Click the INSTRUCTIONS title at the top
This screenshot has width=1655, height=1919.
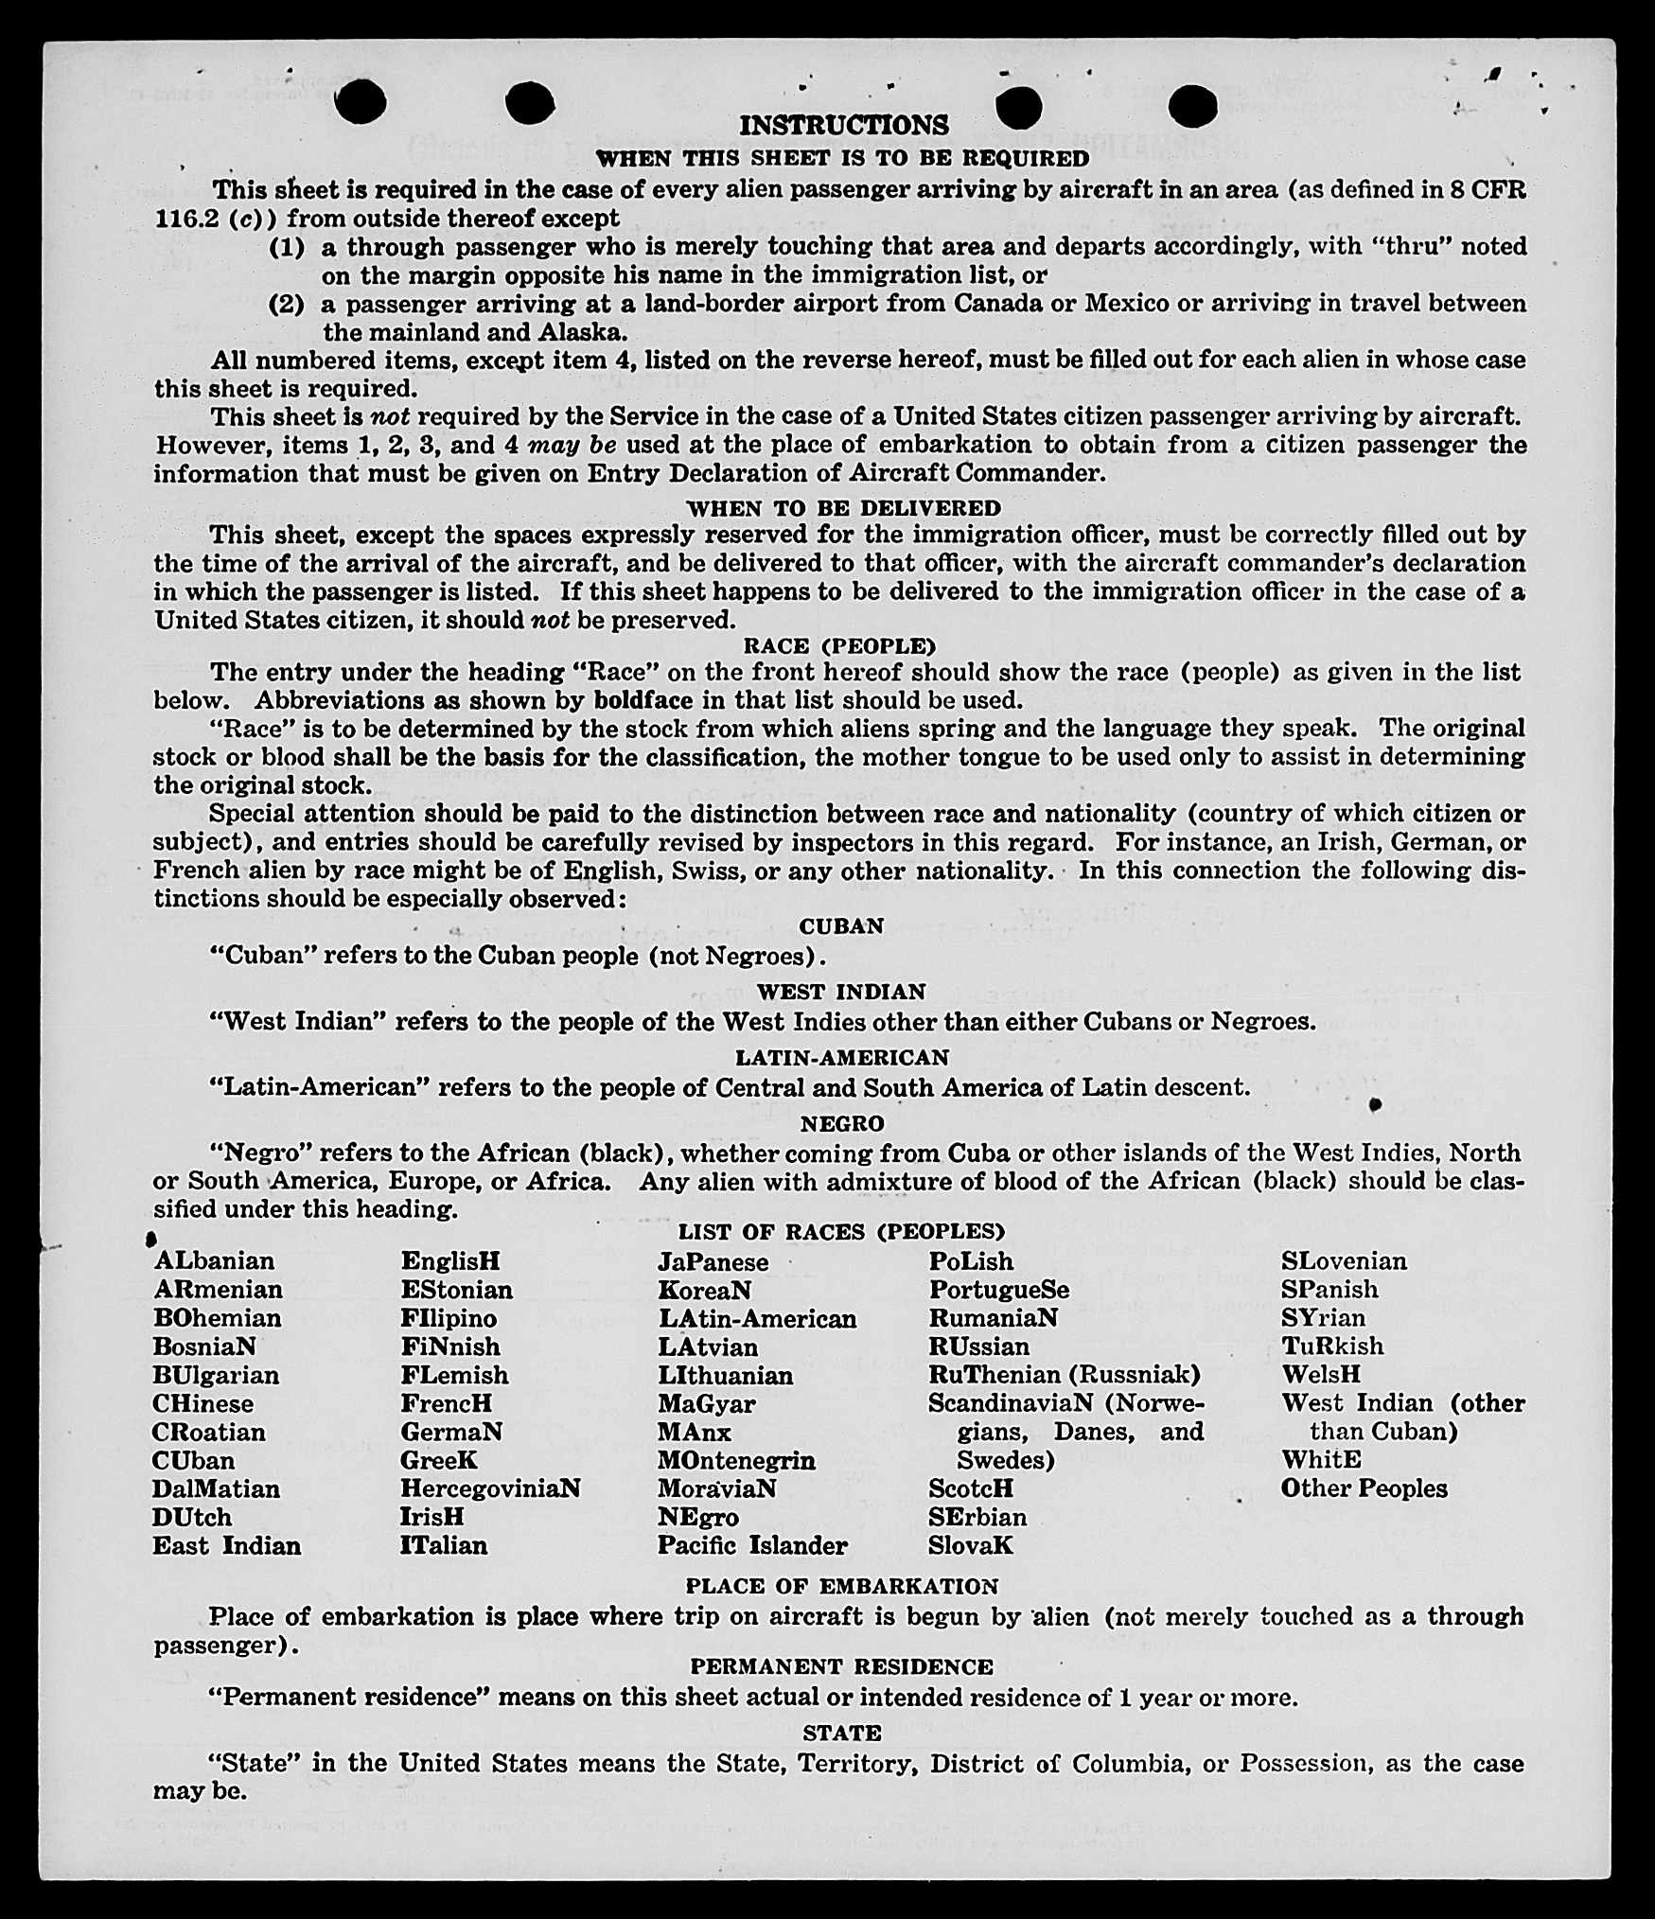pyautogui.click(x=843, y=126)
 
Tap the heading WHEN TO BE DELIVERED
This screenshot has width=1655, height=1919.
pyautogui.click(x=843, y=508)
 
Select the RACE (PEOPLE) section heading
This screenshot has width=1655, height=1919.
pyautogui.click(x=839, y=646)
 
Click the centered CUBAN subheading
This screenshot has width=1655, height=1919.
pyautogui.click(x=841, y=926)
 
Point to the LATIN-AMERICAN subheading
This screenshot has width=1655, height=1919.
pyautogui.click(x=842, y=1057)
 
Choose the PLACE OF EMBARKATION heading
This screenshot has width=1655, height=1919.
pyautogui.click(x=841, y=1587)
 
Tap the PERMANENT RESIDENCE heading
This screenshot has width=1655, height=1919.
pyautogui.click(x=841, y=1667)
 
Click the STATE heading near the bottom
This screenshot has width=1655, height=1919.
pyautogui.click(x=841, y=1734)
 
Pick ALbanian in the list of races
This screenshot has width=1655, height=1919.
pyautogui.click(x=215, y=1261)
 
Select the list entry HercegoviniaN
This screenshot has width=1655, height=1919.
pyautogui.click(x=490, y=1488)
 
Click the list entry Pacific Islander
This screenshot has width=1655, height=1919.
pyautogui.click(x=752, y=1545)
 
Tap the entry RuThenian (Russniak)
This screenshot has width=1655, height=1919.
pyautogui.click(x=1064, y=1374)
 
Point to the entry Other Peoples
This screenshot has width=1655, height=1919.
pyautogui.click(x=1364, y=1488)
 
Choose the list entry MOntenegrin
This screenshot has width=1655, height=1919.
pyautogui.click(x=736, y=1460)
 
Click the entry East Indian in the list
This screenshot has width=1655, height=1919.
pyautogui.click(x=227, y=1545)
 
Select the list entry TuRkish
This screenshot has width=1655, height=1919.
pyautogui.click(x=1332, y=1346)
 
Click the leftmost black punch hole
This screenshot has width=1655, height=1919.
pyautogui.click(x=361, y=101)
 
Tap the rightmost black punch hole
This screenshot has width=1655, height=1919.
pyautogui.click(x=1192, y=105)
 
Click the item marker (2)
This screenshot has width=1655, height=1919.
pyautogui.click(x=287, y=305)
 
